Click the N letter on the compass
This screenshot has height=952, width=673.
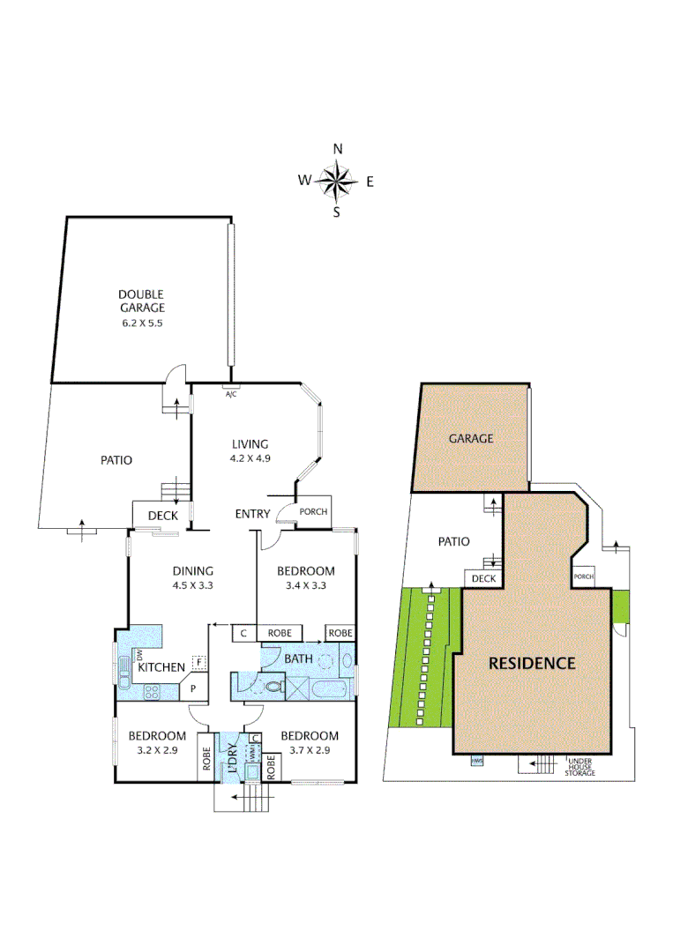[337, 149]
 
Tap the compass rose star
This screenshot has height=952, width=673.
[336, 182]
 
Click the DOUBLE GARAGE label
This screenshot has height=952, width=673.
[142, 301]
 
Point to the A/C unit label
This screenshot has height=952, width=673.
[231, 394]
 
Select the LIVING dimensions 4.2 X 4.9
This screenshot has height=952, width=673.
[250, 458]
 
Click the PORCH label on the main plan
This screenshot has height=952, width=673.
[314, 512]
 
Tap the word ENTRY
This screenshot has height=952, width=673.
[252, 514]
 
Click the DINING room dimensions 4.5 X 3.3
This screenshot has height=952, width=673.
[192, 584]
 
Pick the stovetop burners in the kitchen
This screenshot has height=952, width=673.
[151, 692]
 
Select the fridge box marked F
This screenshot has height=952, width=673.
[199, 661]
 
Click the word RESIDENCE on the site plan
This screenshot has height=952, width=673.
[532, 663]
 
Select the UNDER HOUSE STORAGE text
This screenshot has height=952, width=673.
[581, 767]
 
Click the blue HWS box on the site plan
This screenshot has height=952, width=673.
[477, 760]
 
